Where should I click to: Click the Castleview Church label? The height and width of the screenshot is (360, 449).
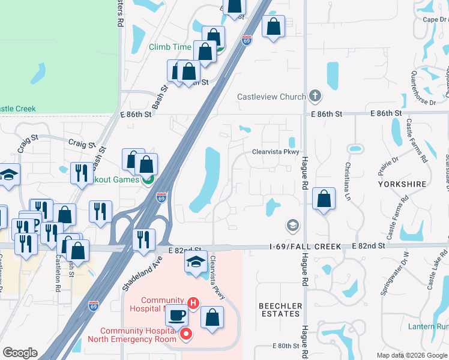(x=271, y=97)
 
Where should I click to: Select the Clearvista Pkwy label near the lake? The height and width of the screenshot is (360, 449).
(x=275, y=152)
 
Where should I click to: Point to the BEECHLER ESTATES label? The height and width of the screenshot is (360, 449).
(x=280, y=310)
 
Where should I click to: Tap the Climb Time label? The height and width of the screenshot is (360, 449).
(x=170, y=47)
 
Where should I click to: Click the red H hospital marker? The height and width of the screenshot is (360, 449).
(x=193, y=304)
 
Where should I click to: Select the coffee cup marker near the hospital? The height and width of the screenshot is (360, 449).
(x=177, y=316)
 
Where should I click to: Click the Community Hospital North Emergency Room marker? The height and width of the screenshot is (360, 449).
(x=186, y=334)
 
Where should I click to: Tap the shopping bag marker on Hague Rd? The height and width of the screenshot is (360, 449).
(x=324, y=200)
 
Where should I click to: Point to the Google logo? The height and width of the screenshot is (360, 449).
(x=20, y=353)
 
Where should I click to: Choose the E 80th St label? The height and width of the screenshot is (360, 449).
(x=286, y=346)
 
